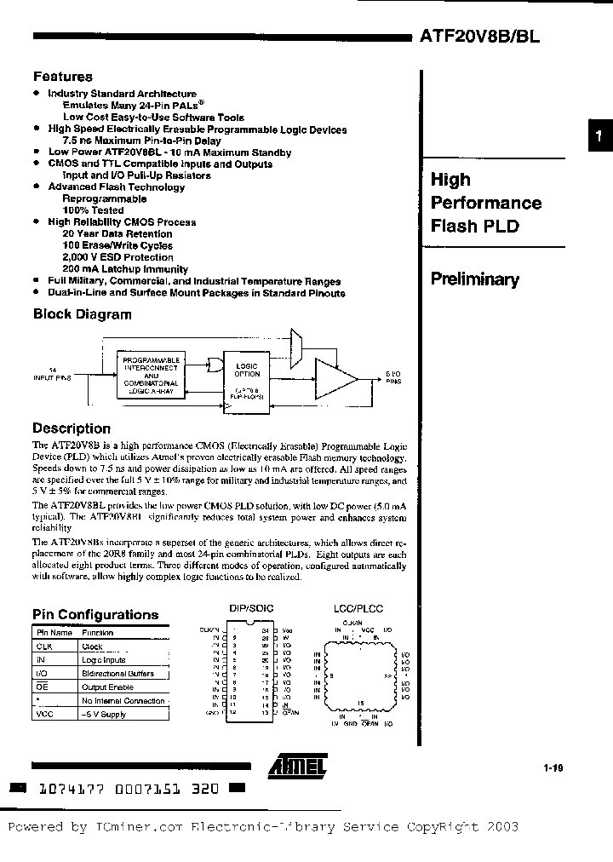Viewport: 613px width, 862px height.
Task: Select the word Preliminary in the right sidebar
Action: pos(474,279)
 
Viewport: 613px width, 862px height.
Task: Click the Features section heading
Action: pos(62,77)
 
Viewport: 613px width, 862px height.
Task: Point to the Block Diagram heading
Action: pos(82,314)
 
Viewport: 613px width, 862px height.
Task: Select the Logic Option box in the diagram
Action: pos(247,375)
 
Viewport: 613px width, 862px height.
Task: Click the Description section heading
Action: pos(72,428)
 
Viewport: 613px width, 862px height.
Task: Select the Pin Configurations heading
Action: pos(95,614)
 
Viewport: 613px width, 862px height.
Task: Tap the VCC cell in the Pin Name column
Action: pos(44,714)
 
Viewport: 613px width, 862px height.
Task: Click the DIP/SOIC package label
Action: pos(251,610)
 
